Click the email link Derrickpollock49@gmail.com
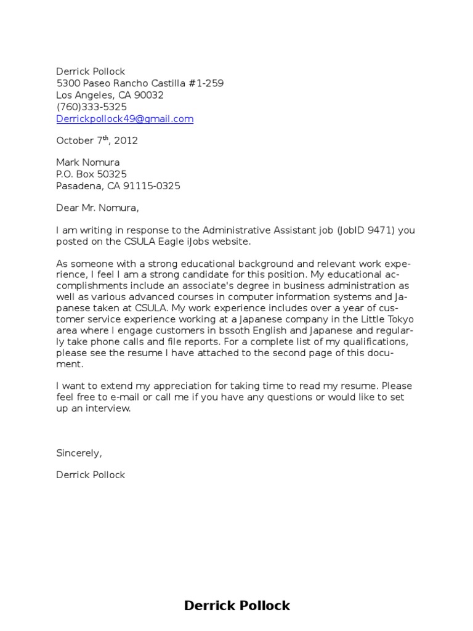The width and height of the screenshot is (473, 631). click(x=125, y=119)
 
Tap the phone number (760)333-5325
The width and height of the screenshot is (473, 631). click(x=92, y=107)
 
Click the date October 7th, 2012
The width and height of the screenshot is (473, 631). click(x=97, y=140)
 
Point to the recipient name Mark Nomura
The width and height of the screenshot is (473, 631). click(x=88, y=163)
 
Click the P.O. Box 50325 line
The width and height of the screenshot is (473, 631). click(x=92, y=174)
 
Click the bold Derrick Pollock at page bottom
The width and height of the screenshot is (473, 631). click(x=236, y=606)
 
